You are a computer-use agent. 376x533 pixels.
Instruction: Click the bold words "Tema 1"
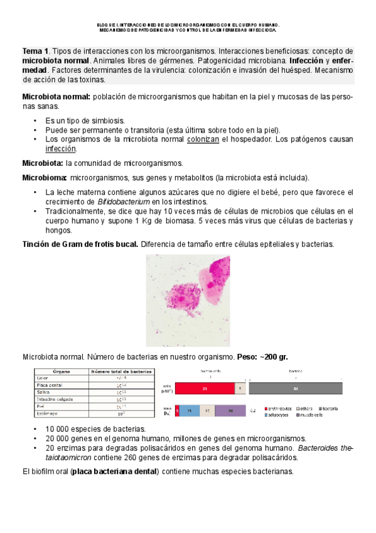35,51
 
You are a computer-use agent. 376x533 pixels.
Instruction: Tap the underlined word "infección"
60,149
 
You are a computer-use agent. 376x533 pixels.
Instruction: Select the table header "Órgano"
61,371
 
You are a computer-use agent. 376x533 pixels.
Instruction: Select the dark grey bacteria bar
296,388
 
